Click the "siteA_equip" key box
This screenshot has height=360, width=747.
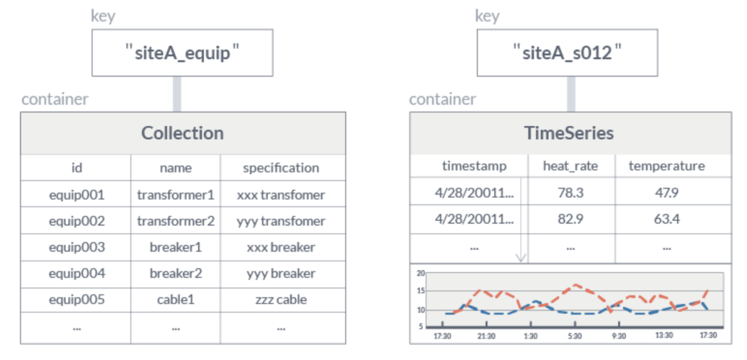point(182,53)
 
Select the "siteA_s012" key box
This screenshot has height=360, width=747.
point(567,53)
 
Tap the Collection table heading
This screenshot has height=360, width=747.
point(182,133)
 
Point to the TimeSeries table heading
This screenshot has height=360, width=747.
point(570,133)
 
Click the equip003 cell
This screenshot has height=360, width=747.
point(76,247)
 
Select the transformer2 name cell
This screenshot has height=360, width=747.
point(176,221)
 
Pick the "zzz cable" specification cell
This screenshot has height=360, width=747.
point(281,300)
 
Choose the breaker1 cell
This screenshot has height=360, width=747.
point(176,247)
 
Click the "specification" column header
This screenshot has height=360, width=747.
point(281,168)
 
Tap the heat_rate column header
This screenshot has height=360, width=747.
point(571,166)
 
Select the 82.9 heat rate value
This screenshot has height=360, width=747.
point(571,219)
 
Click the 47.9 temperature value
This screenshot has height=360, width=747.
point(666,193)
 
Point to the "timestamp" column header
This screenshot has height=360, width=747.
point(474,166)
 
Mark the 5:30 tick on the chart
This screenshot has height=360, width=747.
point(575,336)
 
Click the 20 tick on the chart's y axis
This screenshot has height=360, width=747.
point(421,274)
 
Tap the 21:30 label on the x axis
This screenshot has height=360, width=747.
point(486,336)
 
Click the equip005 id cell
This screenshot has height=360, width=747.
point(76,300)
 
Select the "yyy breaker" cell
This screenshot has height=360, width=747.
point(281,274)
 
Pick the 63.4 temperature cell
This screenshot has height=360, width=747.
point(666,219)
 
